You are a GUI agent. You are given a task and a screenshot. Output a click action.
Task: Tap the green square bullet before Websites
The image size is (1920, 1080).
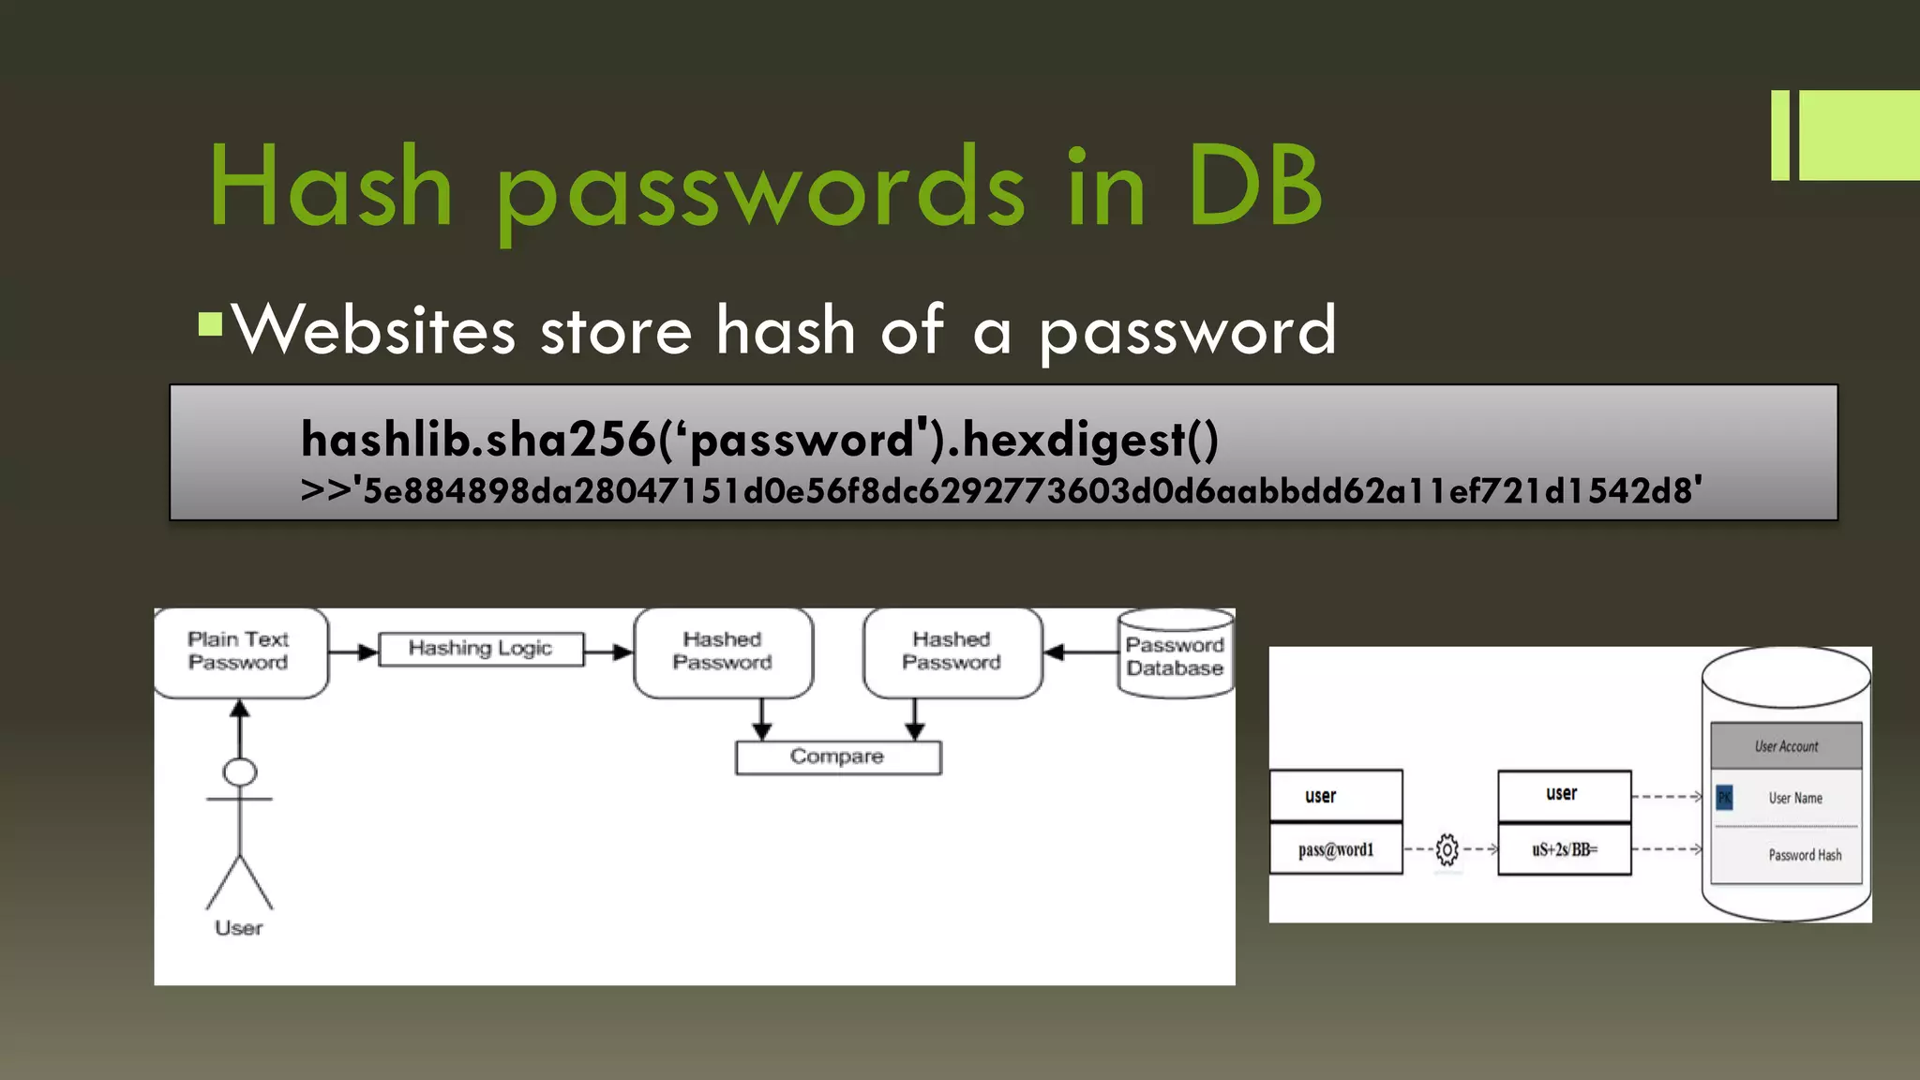coord(211,324)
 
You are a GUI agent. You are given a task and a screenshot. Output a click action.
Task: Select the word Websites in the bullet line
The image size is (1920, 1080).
coord(374,330)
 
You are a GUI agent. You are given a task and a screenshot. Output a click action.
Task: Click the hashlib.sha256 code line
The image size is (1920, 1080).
coord(759,439)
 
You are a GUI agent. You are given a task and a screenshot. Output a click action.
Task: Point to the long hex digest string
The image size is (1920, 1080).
coord(1001,490)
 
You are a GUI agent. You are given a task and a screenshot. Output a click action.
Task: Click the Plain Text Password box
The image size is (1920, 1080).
coord(240,652)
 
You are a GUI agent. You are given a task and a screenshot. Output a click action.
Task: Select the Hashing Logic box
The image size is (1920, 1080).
coord(480,649)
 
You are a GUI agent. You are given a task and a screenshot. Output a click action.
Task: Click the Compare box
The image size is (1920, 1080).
coord(837,757)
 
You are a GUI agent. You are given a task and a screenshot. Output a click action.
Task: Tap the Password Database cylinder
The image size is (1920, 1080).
coord(1175,654)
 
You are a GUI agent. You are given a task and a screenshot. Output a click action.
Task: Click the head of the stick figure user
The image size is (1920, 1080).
coord(240,772)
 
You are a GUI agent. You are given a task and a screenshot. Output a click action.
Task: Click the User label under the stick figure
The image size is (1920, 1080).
coord(239,928)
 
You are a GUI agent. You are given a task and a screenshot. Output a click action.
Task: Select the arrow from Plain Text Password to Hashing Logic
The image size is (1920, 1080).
coord(353,652)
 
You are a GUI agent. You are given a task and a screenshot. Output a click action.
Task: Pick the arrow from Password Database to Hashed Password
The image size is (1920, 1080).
coord(1080,652)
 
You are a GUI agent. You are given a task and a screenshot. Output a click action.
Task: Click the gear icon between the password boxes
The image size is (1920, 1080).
coord(1447,849)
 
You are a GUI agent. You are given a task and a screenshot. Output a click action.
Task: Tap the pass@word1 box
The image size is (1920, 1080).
coord(1336,849)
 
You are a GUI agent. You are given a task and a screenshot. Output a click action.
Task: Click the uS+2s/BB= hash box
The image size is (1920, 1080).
coord(1564,849)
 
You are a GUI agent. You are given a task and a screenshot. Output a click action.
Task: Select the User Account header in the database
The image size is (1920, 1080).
coord(1786,746)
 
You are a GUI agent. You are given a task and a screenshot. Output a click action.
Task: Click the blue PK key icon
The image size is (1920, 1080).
coord(1724,798)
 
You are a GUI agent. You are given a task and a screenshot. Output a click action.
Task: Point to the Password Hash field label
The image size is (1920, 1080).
coord(1805,855)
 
